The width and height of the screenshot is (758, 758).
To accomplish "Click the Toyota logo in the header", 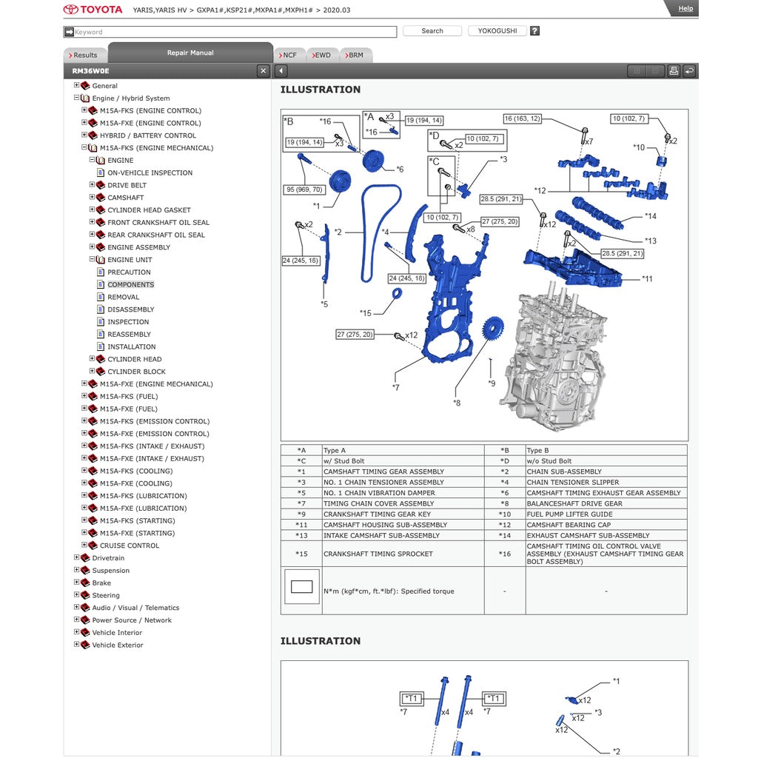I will [93, 10].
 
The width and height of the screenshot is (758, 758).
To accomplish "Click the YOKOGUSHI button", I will [497, 31].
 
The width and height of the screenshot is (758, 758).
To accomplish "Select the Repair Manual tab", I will [190, 53].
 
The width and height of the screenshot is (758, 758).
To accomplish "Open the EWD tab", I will [322, 56].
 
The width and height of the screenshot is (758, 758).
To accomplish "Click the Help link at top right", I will [685, 8].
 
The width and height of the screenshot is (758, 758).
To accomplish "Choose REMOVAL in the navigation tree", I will [123, 297].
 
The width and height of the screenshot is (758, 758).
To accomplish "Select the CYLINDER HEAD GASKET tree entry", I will [149, 210].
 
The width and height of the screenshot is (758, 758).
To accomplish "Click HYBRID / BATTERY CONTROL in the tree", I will [147, 135].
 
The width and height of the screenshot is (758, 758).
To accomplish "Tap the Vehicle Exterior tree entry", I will [117, 645].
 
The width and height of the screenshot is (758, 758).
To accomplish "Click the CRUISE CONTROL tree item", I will [130, 546].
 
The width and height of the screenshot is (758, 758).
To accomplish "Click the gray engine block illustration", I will [555, 355].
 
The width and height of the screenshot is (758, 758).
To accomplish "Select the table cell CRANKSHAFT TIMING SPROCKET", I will [378, 554].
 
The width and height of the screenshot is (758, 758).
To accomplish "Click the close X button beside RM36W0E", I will [263, 71].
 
